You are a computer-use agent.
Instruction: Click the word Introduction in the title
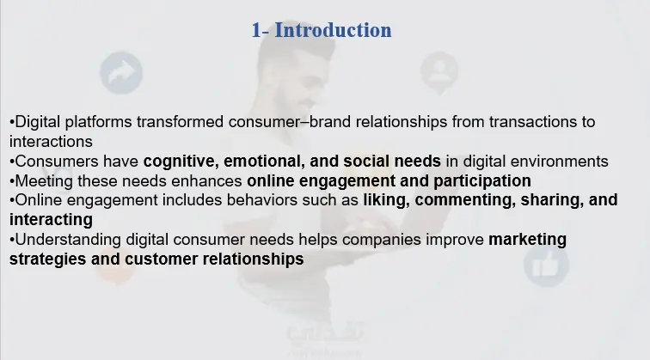pos(333,30)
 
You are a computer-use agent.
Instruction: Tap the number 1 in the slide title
pos(256,31)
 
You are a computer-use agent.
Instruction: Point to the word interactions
pos(51,142)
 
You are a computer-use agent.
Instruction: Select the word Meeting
pos(45,181)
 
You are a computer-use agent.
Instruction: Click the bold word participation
pos(482,181)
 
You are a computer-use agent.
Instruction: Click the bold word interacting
pos(51,220)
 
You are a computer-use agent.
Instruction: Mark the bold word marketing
pos(527,240)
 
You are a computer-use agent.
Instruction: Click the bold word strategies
pos(47,259)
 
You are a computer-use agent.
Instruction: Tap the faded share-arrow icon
pos(121,72)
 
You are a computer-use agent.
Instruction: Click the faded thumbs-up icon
pos(546,265)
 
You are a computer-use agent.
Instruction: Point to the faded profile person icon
pos(439,71)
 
